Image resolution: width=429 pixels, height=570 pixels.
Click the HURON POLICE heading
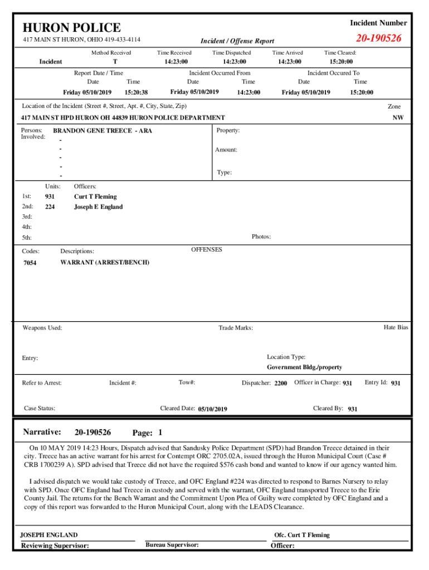[x=71, y=28]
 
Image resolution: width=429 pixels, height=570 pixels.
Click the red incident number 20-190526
[x=378, y=38]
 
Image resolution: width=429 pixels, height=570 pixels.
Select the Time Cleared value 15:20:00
[x=341, y=62]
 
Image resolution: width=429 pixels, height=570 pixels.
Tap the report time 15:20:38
[x=136, y=92]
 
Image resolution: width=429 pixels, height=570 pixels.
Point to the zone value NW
[x=398, y=118]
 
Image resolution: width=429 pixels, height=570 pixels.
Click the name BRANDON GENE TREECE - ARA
[x=102, y=131]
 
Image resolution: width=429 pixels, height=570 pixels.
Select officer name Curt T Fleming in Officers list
[x=95, y=196]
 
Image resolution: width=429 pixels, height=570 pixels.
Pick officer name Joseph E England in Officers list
[x=98, y=207]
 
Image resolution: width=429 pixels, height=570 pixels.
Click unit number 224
[x=50, y=207]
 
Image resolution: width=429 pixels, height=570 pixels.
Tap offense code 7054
[x=30, y=263]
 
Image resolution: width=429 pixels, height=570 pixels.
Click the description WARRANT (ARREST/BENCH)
[x=105, y=262]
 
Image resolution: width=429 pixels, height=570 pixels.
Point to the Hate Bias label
[x=396, y=327]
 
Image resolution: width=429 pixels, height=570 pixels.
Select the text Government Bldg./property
[x=304, y=367]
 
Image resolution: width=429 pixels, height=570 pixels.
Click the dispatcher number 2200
[x=281, y=384]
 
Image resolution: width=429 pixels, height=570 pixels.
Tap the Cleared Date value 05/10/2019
[x=212, y=409]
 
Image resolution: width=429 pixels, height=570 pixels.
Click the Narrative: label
[x=41, y=432]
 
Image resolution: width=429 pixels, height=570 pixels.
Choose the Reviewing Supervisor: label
[x=55, y=546]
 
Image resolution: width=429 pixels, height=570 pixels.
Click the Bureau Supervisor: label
[x=172, y=544]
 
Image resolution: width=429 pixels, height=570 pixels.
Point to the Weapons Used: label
[x=42, y=328]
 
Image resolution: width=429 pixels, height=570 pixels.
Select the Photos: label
[x=261, y=237]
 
